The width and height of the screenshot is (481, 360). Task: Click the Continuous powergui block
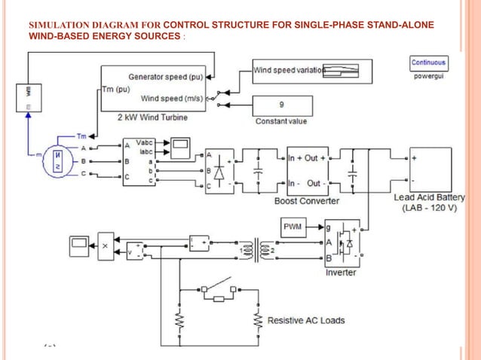click(428, 63)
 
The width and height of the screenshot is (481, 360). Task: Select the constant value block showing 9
click(281, 105)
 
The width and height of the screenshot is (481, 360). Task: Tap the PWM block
click(293, 227)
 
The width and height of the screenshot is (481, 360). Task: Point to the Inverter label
click(340, 273)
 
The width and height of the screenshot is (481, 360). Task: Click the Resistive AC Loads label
click(306, 320)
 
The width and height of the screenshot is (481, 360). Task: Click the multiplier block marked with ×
click(106, 245)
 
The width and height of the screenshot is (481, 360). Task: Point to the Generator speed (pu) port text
click(166, 77)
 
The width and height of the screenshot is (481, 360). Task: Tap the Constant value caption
click(281, 121)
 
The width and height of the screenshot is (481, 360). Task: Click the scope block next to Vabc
click(180, 145)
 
